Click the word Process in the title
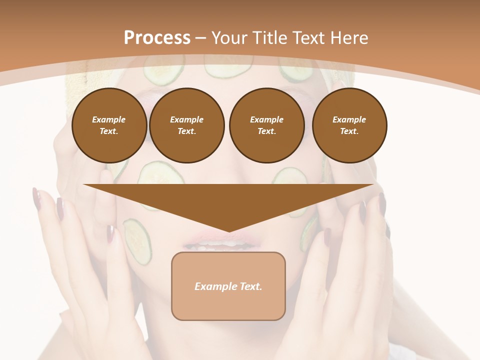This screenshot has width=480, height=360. click(157, 38)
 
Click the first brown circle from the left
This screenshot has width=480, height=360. click(109, 125)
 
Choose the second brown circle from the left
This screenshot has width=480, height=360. click(186, 125)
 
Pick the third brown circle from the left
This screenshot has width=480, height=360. click(266, 125)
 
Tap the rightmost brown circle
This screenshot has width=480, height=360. click(349, 125)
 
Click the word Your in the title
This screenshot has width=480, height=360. click(229, 38)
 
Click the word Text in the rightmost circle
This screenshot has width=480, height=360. click(349, 131)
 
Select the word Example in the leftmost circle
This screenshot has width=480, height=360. click(109, 119)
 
